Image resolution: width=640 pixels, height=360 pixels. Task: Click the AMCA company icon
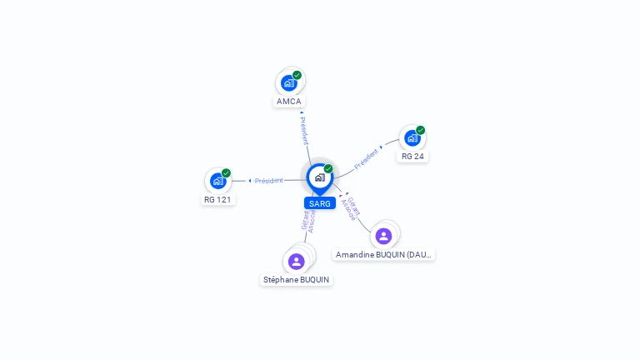288,82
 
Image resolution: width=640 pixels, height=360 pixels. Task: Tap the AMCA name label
289,102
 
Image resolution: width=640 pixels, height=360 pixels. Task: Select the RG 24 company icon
412,137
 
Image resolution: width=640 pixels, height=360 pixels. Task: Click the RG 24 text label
412,157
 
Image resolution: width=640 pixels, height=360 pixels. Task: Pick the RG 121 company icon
217,180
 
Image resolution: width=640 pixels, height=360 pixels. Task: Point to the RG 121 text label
218,200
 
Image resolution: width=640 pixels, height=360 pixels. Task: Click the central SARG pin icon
319,177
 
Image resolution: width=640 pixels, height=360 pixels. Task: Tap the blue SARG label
320,203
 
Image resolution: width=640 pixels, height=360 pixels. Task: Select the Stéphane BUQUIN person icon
296,261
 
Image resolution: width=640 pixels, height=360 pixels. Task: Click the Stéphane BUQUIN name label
296,280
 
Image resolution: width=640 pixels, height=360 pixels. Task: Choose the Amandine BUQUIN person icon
383,236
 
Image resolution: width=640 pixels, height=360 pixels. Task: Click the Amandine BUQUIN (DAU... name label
383,255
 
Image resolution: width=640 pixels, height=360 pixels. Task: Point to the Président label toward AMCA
304,130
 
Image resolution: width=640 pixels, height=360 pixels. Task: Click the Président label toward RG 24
367,158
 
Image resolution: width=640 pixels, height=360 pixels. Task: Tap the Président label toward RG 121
268,181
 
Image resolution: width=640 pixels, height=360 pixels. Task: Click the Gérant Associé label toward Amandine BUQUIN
351,208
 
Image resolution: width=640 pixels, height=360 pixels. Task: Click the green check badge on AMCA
297,75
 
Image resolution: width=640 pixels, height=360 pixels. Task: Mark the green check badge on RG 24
420,130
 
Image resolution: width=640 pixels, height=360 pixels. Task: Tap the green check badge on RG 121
226,173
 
